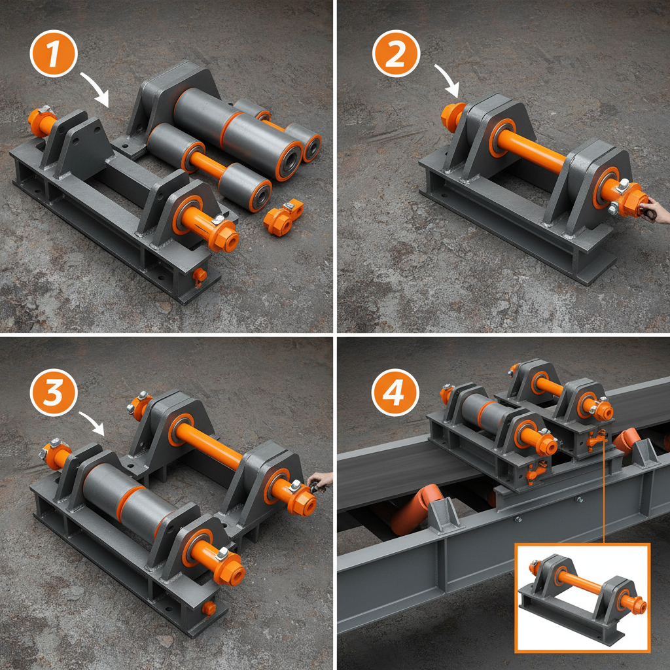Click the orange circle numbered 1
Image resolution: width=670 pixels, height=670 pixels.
(x=54, y=56)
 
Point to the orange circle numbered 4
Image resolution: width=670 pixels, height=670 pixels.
(x=396, y=393)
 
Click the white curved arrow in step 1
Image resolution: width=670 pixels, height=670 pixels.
(x=95, y=88)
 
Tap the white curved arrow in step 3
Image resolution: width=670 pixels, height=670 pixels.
(x=92, y=422)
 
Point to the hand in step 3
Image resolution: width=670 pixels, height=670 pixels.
(x=321, y=482)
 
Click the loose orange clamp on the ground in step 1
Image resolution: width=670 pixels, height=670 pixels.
(x=283, y=217)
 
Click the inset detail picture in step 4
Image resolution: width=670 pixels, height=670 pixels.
(x=582, y=597)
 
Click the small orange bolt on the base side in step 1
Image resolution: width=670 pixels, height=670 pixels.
(x=199, y=275)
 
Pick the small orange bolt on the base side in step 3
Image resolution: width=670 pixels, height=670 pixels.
(x=209, y=608)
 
